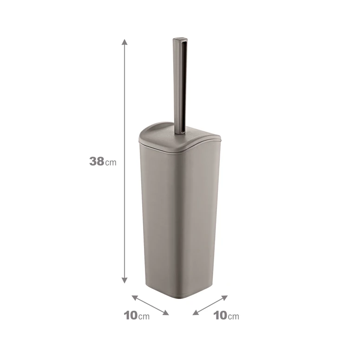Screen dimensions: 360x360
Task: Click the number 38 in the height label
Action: (x=97, y=161)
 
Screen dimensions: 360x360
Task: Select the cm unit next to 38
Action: (x=111, y=163)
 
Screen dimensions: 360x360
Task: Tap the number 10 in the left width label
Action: (x=131, y=315)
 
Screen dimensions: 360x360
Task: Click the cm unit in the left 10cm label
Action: (x=144, y=317)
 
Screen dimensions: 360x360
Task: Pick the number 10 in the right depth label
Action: (x=220, y=315)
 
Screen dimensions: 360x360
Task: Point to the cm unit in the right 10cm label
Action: (x=234, y=317)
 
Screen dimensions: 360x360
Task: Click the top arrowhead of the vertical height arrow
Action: (x=124, y=42)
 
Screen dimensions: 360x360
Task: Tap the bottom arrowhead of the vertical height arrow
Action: (x=124, y=280)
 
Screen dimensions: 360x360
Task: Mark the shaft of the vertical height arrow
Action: (x=124, y=161)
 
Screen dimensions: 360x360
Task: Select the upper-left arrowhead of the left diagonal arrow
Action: (x=135, y=298)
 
